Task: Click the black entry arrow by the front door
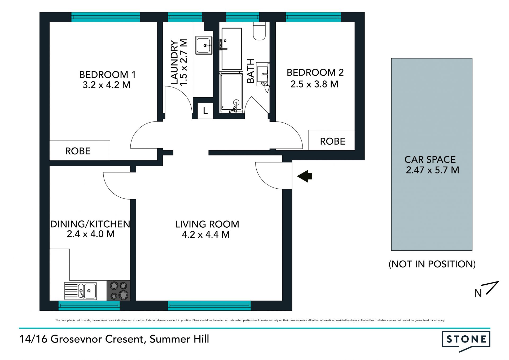click(305, 176)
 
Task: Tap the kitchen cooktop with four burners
click(119, 290)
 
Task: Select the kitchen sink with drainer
click(80, 291)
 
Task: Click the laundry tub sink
click(204, 45)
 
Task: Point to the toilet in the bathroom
click(259, 31)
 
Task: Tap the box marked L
click(205, 111)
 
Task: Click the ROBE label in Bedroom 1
click(78, 151)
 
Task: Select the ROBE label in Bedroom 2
click(333, 141)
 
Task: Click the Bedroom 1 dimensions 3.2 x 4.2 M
click(107, 85)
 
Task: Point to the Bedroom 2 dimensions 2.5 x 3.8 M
click(314, 84)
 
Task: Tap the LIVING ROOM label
click(207, 224)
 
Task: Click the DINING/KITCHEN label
click(90, 224)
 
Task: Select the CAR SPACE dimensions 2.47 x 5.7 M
click(432, 170)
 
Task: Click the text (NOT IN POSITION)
click(432, 264)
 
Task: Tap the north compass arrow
click(493, 288)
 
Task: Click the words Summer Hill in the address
click(179, 339)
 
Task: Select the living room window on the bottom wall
click(209, 306)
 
